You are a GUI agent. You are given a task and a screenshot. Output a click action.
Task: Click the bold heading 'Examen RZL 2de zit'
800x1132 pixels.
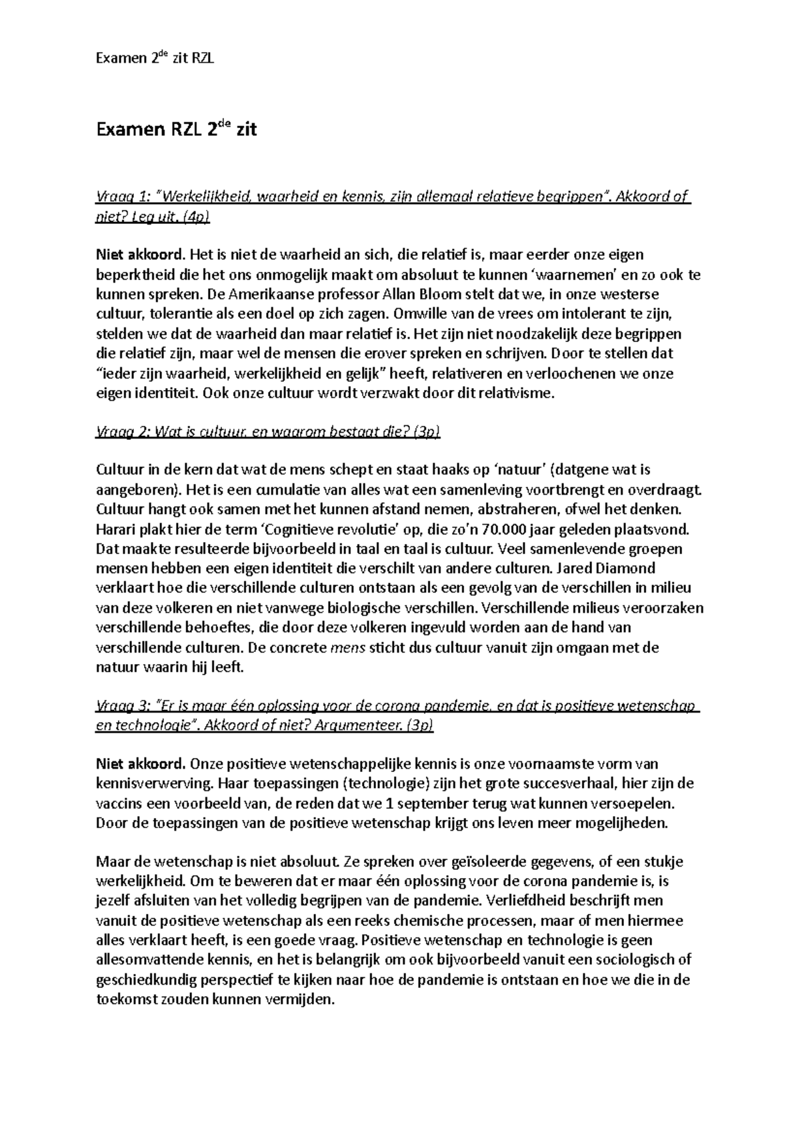[x=176, y=129]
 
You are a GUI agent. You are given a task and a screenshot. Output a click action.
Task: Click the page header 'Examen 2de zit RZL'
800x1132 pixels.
[x=155, y=59]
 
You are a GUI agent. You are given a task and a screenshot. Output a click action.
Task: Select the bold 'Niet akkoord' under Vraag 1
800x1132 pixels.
[x=139, y=254]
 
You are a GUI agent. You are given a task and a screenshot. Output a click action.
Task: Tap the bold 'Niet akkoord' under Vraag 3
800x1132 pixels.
[x=139, y=763]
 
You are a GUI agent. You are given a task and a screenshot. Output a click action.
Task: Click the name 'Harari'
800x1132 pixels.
[x=116, y=529]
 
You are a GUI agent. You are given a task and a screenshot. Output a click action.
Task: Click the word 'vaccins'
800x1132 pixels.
[x=118, y=803]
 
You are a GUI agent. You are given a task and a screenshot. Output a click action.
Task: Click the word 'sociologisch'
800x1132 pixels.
[x=636, y=959]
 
